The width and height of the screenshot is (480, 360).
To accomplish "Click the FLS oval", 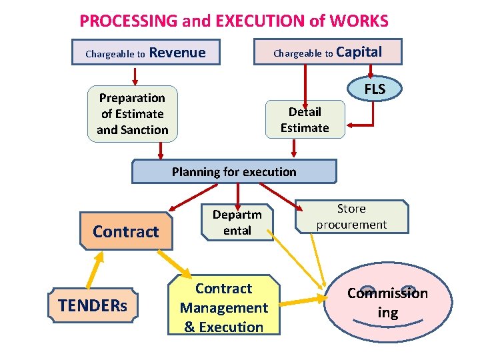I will point(375,89).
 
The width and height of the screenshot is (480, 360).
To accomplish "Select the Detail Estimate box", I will point(305,119).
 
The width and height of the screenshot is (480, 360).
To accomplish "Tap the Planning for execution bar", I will point(234,171).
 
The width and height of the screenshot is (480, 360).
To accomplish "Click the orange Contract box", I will point(125,231).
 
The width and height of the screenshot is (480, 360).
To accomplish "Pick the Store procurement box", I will point(351,217).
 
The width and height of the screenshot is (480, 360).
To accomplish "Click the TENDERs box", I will point(93,306).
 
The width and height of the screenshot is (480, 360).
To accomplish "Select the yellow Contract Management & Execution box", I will point(223,307).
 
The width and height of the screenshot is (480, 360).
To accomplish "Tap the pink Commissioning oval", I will point(387,303).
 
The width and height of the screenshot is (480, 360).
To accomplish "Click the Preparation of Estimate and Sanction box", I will point(133,114).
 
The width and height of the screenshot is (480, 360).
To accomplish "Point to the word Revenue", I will point(177,53).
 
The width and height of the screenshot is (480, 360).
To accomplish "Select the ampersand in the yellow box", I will point(189,327).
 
